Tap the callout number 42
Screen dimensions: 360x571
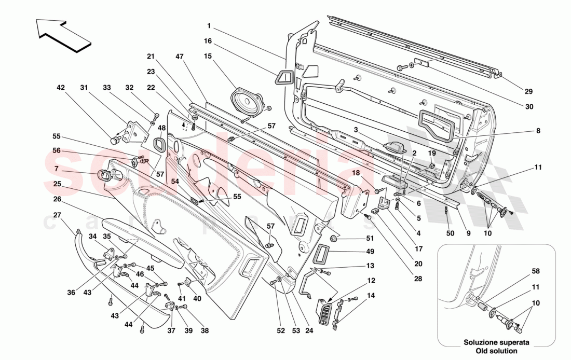point(61,88)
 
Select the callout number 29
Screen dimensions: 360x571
point(528,92)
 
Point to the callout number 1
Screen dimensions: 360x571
point(209,25)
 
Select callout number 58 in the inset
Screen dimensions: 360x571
point(535,271)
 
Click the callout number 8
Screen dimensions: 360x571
point(538,131)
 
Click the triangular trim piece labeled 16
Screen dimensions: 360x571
point(284,78)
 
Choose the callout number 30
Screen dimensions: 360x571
point(528,107)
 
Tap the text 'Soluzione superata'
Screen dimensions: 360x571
point(490,342)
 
